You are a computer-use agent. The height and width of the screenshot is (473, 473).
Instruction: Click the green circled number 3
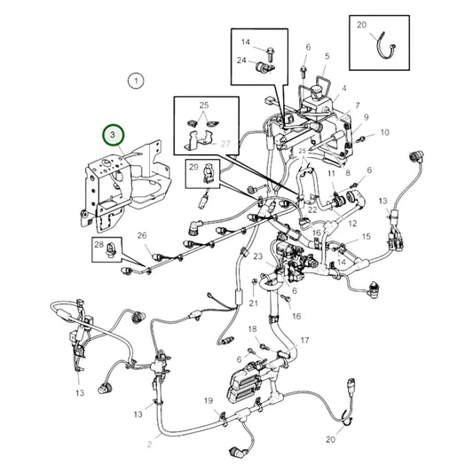[114, 135]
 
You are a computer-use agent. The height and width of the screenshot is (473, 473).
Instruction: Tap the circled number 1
[135, 82]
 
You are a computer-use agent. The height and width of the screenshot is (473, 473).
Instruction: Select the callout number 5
[327, 57]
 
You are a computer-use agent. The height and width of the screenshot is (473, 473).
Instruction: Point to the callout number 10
[383, 132]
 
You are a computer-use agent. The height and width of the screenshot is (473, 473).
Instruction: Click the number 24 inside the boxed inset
[241, 60]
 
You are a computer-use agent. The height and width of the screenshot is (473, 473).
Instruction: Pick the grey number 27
[225, 143]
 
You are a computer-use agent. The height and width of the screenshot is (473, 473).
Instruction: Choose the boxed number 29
[193, 166]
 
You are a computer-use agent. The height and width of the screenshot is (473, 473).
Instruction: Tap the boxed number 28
[99, 244]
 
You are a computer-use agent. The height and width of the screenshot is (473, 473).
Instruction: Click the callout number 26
[141, 236]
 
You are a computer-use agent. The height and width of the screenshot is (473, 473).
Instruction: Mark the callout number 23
[258, 256]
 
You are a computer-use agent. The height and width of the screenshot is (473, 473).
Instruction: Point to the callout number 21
[253, 303]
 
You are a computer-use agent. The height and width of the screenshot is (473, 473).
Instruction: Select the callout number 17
[304, 340]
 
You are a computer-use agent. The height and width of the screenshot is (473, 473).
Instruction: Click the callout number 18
[253, 329]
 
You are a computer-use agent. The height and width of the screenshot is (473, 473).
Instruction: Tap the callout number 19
[208, 401]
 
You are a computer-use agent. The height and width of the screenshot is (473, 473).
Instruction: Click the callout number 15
[365, 238]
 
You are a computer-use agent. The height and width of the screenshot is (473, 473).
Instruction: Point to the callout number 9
[365, 117]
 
